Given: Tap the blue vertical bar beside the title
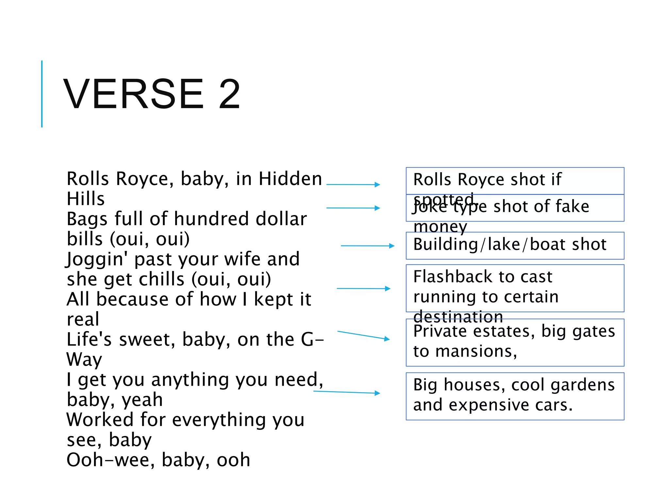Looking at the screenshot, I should click(42, 94).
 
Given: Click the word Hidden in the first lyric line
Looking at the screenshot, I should click(290, 179).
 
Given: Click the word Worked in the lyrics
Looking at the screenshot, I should click(100, 420).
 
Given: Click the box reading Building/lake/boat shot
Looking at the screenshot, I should click(515, 246).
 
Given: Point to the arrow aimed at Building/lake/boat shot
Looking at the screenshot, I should click(367, 246).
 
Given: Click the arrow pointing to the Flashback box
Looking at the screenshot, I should click(363, 289).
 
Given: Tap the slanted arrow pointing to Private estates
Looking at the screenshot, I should click(363, 335).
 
